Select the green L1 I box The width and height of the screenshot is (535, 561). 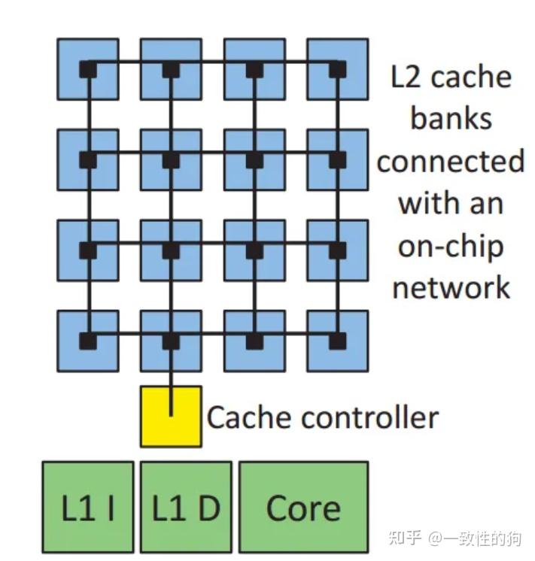(x=87, y=507)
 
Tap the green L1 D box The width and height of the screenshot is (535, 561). (x=186, y=507)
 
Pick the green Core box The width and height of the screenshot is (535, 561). (x=303, y=507)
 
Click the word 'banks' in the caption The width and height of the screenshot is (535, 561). (x=451, y=119)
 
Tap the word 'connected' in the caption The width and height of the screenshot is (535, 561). (x=451, y=161)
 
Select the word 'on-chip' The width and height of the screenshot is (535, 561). (x=451, y=247)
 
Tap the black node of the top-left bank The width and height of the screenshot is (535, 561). (x=88, y=70)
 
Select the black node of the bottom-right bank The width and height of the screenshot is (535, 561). (x=338, y=341)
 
